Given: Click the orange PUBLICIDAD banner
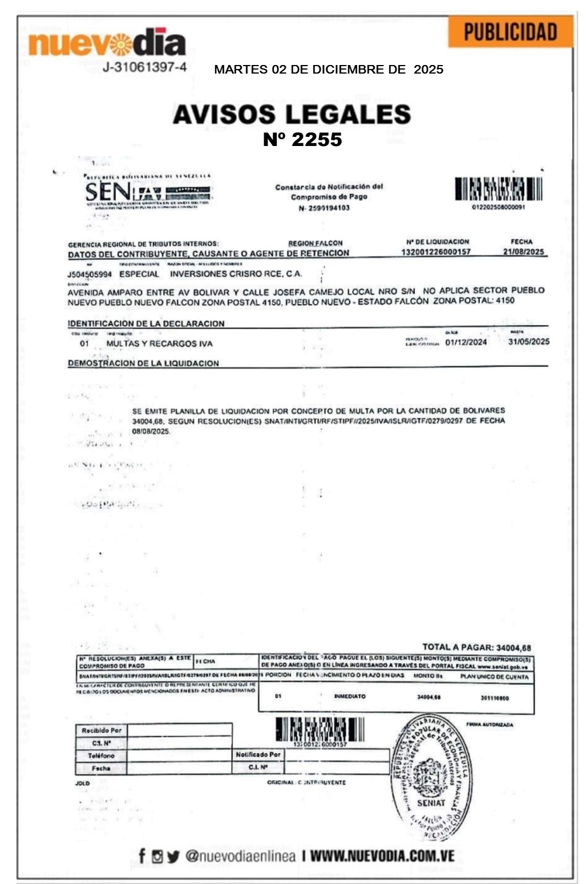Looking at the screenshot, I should (x=510, y=32).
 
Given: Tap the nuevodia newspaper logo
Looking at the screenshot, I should (x=107, y=43).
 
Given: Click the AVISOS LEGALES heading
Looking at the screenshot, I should (x=292, y=114).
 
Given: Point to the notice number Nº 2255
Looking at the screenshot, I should (x=302, y=140).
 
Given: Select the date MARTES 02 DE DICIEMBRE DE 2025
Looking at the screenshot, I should (x=329, y=70).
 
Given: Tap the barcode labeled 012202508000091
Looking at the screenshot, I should (x=498, y=189).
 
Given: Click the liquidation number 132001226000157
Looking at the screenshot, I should (x=436, y=252).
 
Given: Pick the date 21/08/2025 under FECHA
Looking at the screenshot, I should (x=523, y=252).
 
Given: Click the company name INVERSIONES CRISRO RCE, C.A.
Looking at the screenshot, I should (x=236, y=274).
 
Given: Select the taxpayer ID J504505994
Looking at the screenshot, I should (x=90, y=274).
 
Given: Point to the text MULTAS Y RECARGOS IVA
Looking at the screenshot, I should (x=159, y=344).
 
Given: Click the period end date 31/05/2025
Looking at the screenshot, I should (x=528, y=342).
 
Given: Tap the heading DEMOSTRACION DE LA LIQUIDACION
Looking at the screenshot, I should (x=143, y=363).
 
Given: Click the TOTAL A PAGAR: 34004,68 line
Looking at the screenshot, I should (x=476, y=647).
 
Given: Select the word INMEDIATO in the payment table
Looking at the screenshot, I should (x=350, y=696).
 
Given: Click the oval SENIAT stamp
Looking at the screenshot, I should (x=431, y=776).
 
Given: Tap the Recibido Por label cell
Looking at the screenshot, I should (x=101, y=731).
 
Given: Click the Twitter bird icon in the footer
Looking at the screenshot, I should (x=173, y=856).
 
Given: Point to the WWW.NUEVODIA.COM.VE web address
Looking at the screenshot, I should (x=382, y=856).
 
